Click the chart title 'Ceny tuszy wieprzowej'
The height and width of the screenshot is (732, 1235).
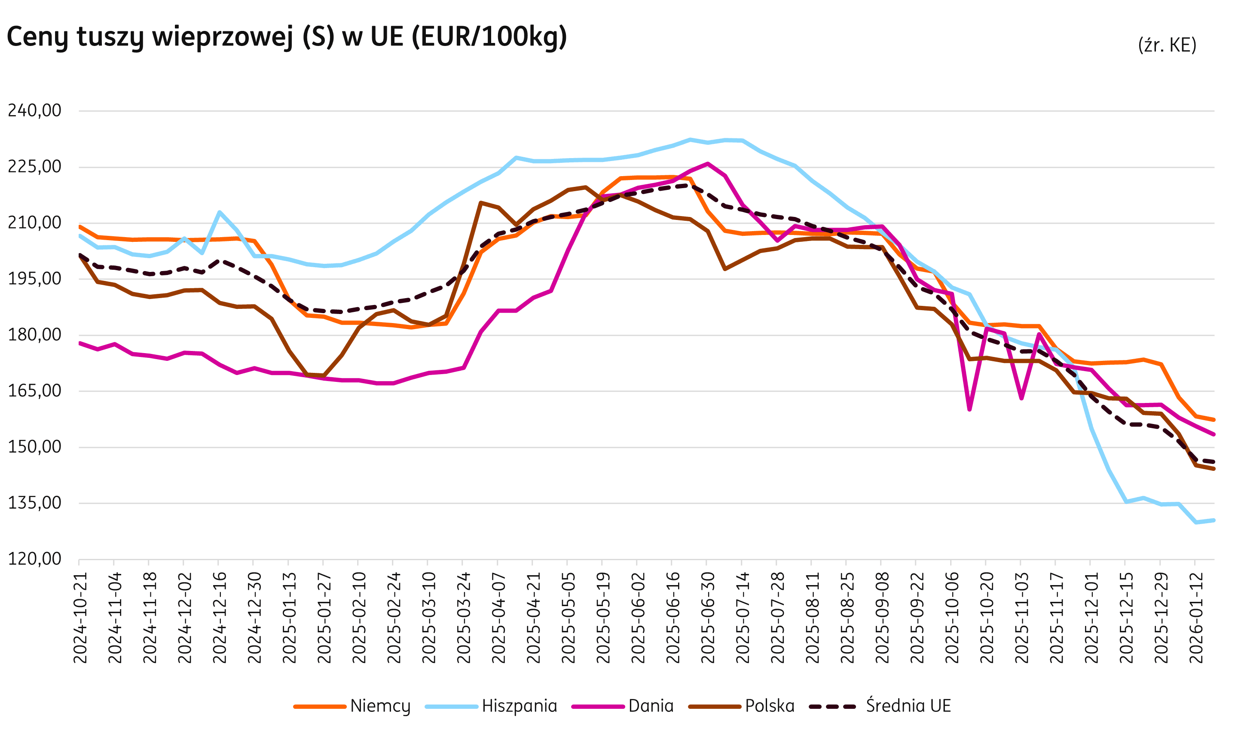[287, 37]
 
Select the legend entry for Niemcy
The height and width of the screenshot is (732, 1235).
[379, 706]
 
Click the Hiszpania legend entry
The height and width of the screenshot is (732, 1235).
[519, 706]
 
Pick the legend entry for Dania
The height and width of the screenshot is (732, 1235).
[650, 706]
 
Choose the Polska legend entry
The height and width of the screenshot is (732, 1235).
[769, 706]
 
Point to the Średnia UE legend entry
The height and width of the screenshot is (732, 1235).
[908, 706]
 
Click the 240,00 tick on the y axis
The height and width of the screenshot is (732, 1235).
[34, 110]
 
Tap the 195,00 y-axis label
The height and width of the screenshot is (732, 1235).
[34, 279]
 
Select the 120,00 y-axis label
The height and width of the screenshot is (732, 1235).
[34, 559]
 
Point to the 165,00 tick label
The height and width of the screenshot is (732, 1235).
[34, 390]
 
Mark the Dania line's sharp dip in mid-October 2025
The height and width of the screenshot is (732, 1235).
[969, 409]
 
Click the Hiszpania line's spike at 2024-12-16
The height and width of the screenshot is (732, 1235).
[219, 212]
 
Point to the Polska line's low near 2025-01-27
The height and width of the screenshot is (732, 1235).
[323, 375]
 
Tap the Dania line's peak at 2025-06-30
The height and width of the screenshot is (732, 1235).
[708, 163]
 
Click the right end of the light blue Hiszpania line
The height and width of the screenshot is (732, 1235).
[1213, 520]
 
